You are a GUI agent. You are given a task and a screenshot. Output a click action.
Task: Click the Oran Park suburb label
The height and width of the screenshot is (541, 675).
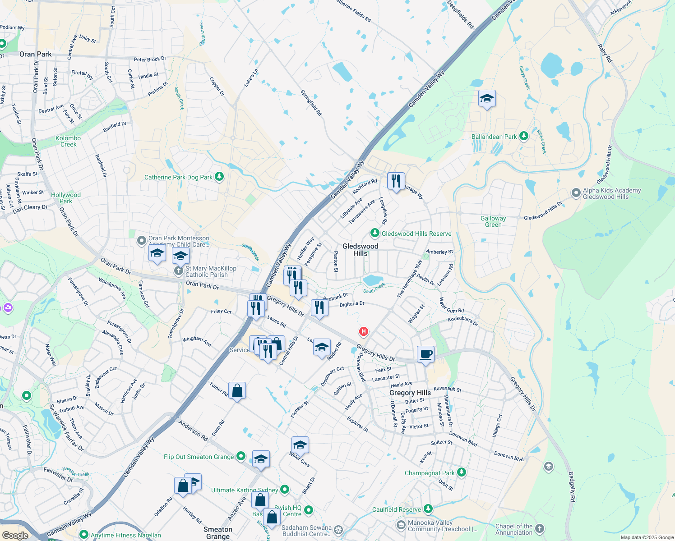(36, 54)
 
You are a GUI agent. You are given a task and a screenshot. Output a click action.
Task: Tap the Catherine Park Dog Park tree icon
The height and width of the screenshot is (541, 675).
(219, 177)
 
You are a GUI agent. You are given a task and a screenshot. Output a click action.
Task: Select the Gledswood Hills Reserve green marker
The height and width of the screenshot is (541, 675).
(374, 233)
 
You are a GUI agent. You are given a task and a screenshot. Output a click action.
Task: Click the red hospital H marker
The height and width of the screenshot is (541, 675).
(363, 332)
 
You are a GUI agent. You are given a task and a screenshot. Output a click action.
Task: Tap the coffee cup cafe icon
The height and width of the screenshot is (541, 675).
(425, 354)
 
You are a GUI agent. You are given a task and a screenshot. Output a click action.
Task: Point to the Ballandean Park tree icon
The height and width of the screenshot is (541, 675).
(523, 136)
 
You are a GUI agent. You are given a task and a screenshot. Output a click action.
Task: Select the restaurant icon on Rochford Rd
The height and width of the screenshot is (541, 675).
(396, 181)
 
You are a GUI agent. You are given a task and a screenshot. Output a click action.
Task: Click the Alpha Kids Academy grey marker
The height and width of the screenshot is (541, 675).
(576, 193)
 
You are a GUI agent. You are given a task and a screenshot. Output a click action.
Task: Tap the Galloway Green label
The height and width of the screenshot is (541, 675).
(493, 221)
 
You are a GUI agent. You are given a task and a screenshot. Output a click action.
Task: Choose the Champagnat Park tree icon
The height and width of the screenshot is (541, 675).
(461, 472)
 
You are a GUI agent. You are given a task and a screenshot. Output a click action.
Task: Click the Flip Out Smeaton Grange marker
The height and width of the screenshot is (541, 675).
(241, 456)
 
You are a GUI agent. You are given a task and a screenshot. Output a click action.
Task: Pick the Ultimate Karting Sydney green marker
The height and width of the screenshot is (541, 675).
(284, 490)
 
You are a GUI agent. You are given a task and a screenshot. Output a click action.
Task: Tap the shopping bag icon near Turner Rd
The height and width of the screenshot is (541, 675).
(237, 390)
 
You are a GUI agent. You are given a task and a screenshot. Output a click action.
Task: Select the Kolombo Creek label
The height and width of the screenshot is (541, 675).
(68, 141)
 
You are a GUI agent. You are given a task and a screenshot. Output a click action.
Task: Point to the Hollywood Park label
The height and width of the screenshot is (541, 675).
(66, 198)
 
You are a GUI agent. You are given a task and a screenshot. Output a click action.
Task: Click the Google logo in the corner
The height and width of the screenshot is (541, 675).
(15, 535)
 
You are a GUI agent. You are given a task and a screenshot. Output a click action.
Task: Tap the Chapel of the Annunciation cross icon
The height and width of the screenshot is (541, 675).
(540, 529)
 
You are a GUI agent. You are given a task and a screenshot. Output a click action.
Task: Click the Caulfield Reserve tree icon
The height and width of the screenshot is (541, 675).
(428, 509)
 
